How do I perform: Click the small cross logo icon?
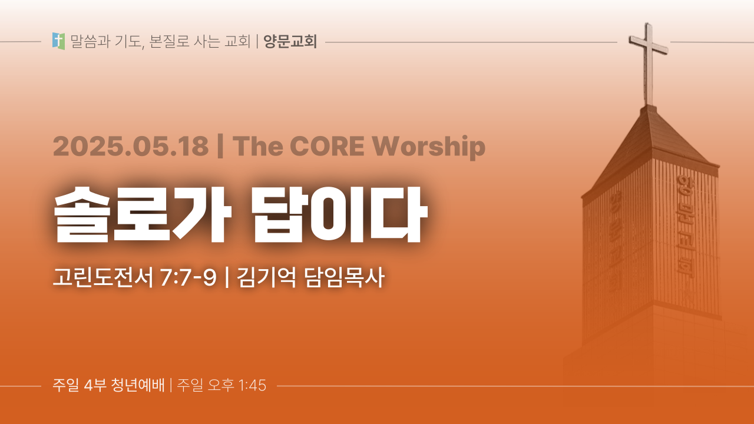[58, 41]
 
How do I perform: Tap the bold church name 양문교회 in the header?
[290, 41]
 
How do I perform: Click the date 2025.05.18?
[131, 146]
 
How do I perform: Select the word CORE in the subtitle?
[327, 146]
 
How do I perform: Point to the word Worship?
[428, 147]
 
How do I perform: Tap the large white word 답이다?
[340, 214]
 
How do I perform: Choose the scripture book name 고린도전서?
[103, 277]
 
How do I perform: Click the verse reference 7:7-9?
[188, 278]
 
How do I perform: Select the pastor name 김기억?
[266, 277]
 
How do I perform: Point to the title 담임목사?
[344, 277]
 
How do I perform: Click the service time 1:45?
[252, 386]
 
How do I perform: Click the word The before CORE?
[257, 146]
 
